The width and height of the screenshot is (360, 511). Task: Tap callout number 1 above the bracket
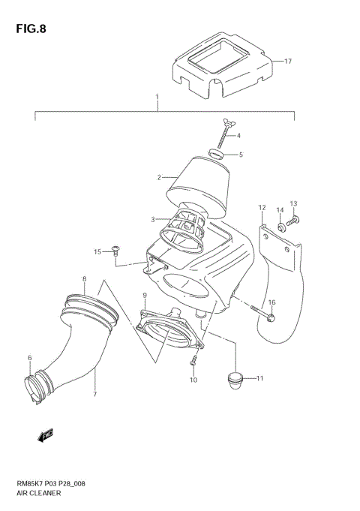[x=157, y=98]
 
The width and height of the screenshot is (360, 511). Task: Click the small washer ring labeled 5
[x=217, y=155]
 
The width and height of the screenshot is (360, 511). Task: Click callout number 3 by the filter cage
[x=152, y=220]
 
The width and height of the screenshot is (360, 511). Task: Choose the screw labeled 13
[x=294, y=219]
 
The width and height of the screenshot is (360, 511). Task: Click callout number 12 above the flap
[x=262, y=208]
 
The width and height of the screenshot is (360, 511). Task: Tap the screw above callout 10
[x=193, y=361]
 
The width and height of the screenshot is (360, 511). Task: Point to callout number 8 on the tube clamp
[x=84, y=279]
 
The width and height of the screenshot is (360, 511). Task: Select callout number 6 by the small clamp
[x=30, y=358]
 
